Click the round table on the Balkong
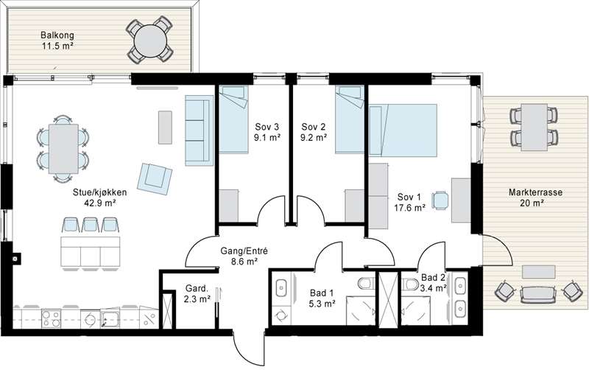click(x=150, y=40)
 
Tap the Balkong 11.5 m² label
click(x=57, y=41)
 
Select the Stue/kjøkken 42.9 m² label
click(x=100, y=198)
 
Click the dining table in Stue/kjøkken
click(x=63, y=149)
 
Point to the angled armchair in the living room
click(x=155, y=178)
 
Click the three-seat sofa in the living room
click(x=199, y=130)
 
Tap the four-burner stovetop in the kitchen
click(x=51, y=318)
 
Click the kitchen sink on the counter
click(x=110, y=319)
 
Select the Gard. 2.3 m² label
click(x=197, y=293)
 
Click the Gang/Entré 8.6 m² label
click(x=244, y=256)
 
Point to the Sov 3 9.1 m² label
click(x=267, y=132)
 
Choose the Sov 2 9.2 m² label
click(x=314, y=132)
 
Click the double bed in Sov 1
click(x=403, y=130)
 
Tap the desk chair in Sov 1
click(x=440, y=200)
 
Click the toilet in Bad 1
click(x=365, y=283)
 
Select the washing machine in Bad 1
click(x=281, y=314)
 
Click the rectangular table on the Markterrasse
click(x=534, y=128)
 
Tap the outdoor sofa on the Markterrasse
click(x=537, y=293)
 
